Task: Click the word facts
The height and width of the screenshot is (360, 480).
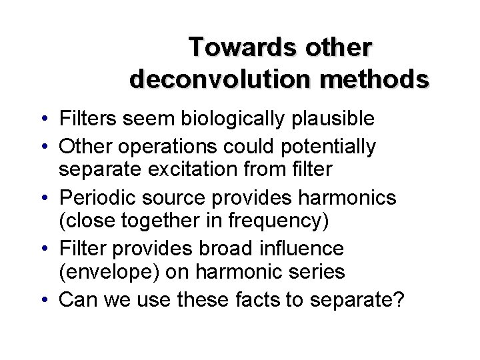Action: tap(253, 300)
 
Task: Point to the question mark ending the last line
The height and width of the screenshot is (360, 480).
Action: tap(398, 300)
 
